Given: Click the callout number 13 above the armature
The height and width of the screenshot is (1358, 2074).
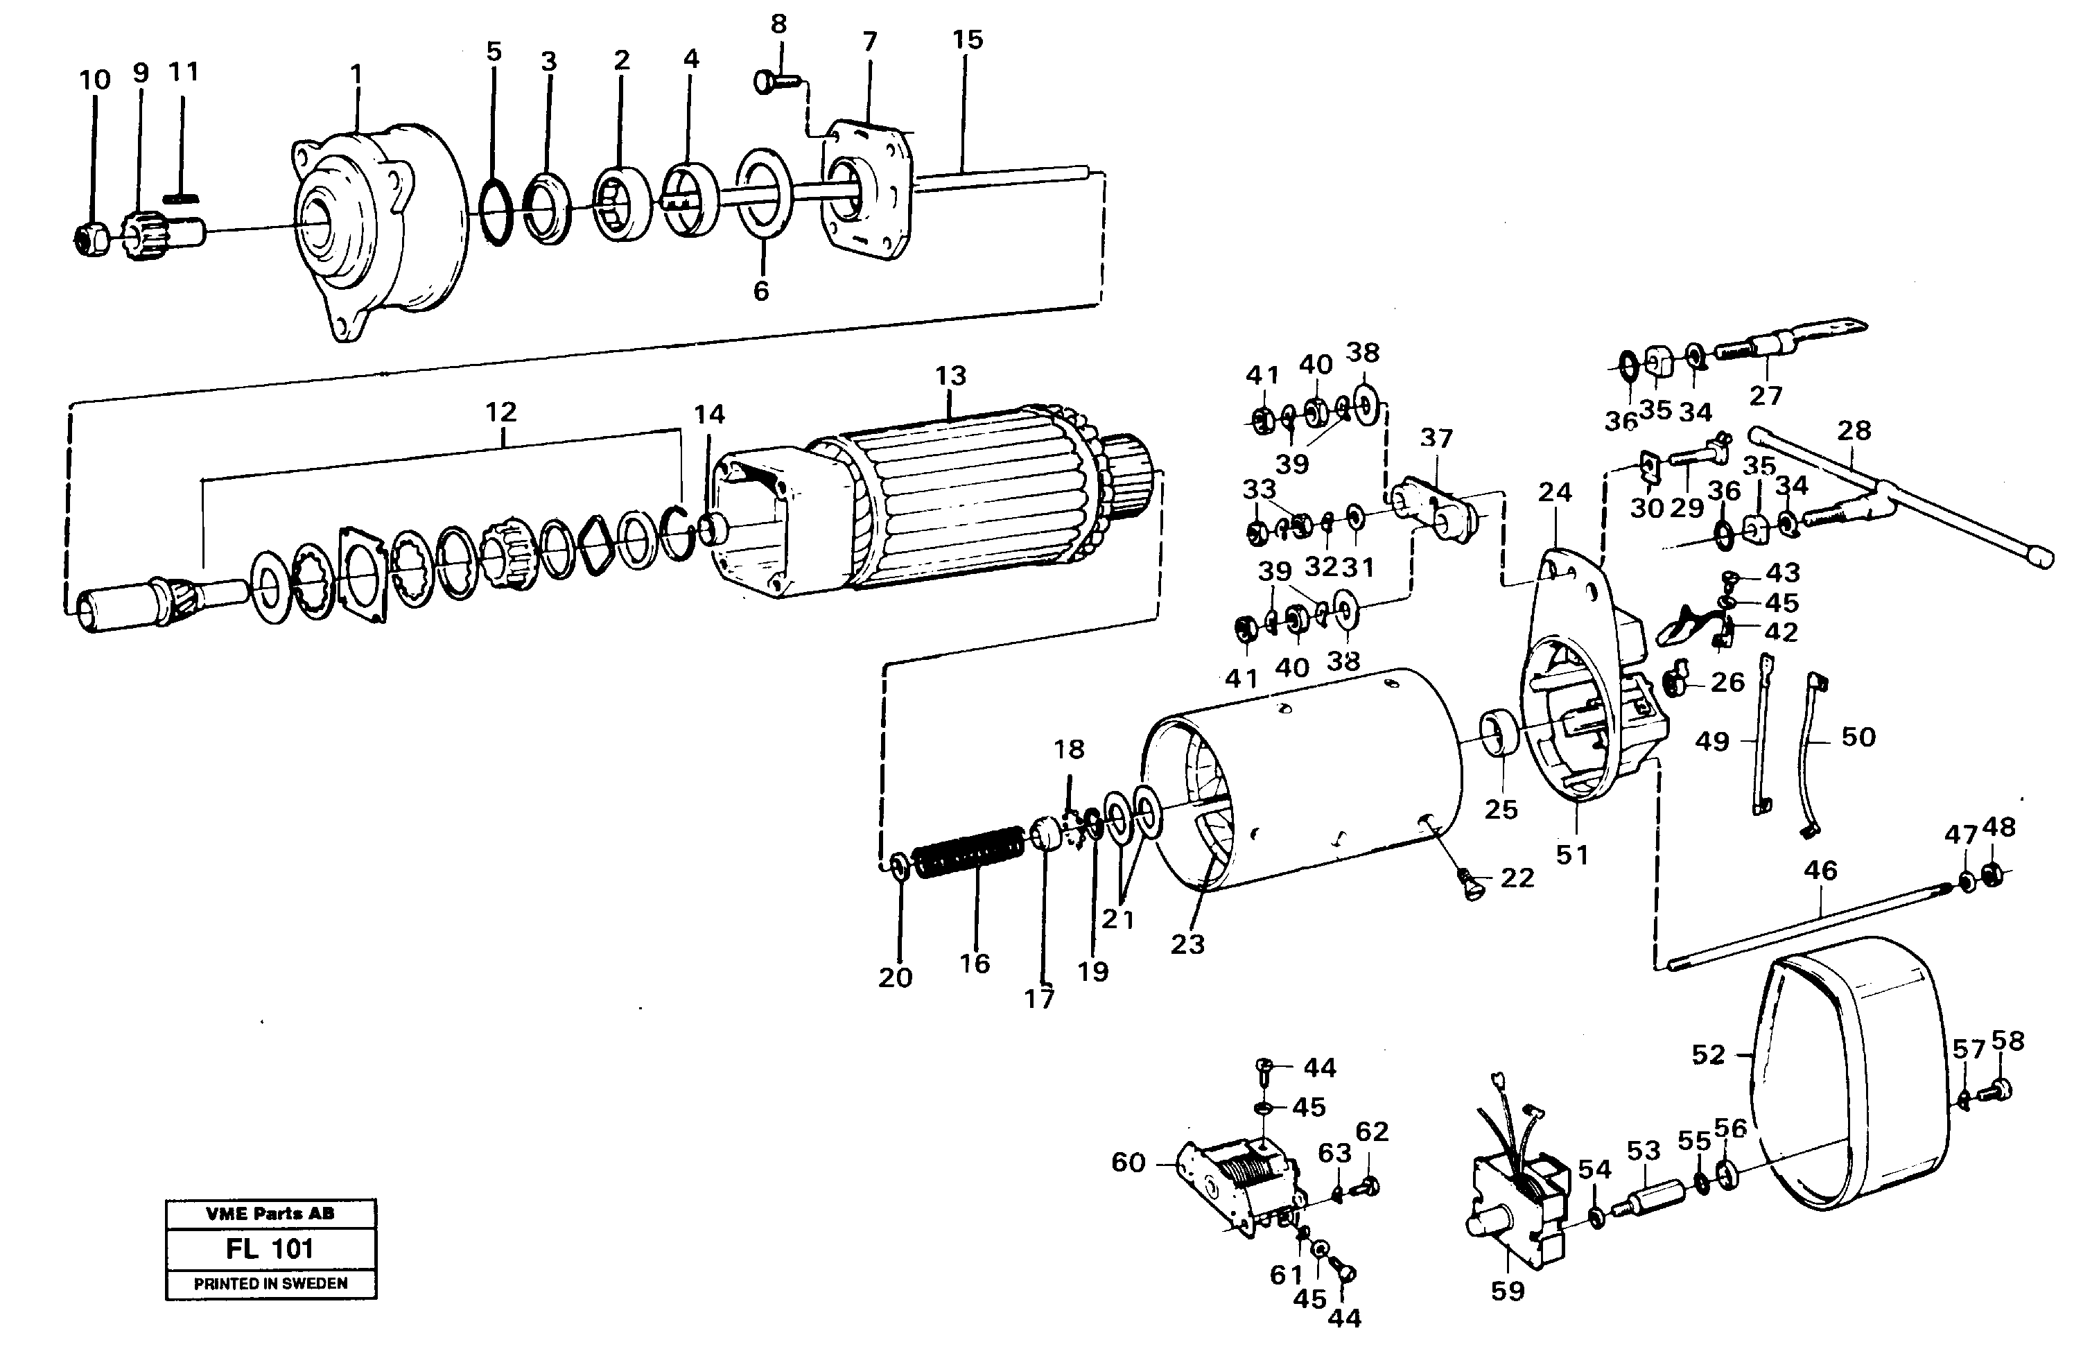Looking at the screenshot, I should coord(951,376).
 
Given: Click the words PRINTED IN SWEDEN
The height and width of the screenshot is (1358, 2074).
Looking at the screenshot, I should coord(270,1284).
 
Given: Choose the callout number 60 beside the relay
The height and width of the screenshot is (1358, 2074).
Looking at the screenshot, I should coord(1128,1163).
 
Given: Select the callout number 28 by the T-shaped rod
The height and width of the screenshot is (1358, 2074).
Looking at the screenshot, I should coord(1854,430).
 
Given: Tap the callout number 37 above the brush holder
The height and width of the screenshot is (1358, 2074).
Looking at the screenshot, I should coord(1436,438).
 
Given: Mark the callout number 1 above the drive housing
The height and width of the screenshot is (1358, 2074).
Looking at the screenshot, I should coord(356,73).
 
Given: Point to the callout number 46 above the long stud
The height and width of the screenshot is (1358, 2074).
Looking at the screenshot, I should coord(1820,870).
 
